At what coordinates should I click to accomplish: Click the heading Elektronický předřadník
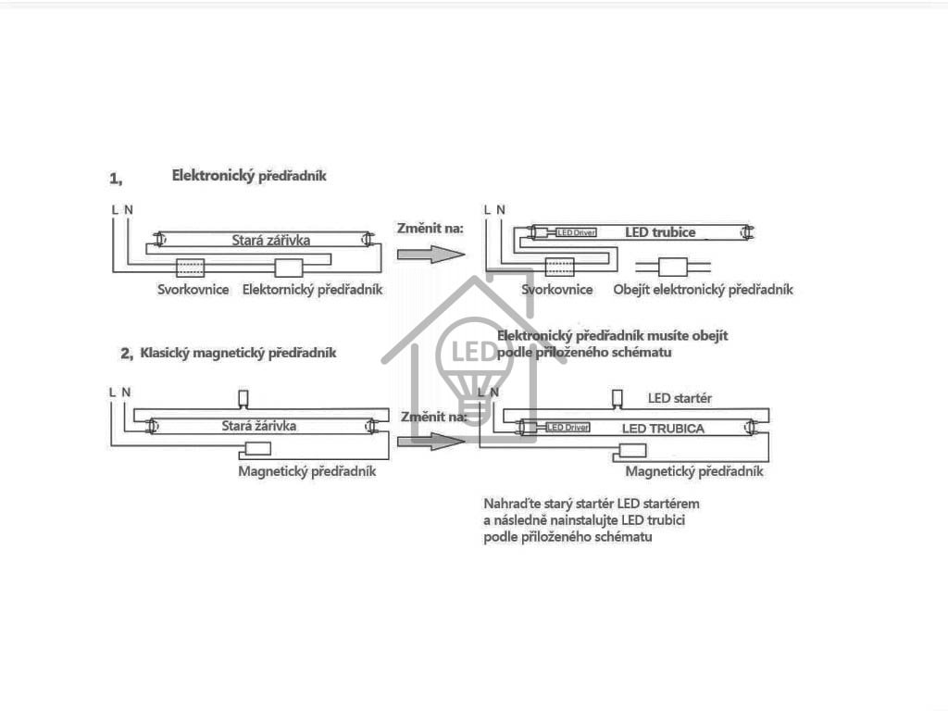click(249, 175)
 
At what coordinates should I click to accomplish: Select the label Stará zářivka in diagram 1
click(270, 240)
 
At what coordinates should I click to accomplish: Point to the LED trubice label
click(659, 231)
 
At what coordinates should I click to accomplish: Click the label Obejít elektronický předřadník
click(703, 290)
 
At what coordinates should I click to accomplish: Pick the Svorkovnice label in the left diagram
click(193, 290)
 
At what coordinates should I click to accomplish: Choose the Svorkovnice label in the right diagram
click(557, 290)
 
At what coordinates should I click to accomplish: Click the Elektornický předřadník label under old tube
click(312, 290)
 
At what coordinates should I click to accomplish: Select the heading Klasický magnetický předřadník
click(237, 353)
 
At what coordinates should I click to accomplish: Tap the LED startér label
click(679, 398)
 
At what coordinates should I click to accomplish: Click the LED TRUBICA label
click(663, 429)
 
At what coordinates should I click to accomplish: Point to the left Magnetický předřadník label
click(307, 471)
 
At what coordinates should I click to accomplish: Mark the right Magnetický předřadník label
click(694, 471)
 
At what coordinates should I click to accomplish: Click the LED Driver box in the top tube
click(575, 232)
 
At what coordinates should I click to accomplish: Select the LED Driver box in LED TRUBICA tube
click(567, 428)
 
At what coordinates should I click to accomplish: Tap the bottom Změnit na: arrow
click(430, 441)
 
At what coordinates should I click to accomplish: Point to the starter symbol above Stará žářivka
click(243, 398)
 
